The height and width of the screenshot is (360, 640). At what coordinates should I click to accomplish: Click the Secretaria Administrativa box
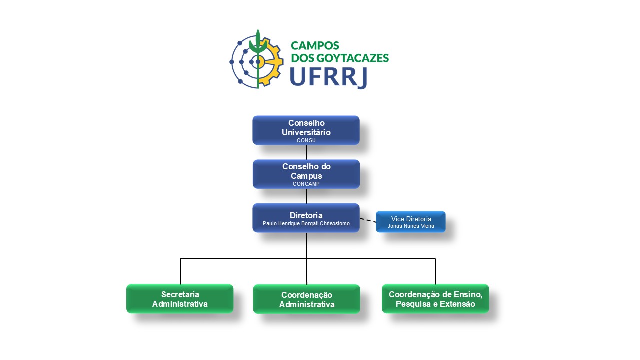[x=180, y=299]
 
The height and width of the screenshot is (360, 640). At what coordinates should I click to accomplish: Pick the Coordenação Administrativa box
[x=306, y=299]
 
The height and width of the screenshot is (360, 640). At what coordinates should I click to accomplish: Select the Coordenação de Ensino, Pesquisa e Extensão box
[x=435, y=299]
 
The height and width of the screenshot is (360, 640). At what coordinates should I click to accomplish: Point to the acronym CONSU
[x=306, y=141]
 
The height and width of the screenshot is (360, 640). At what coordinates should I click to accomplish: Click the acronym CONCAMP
[x=306, y=184]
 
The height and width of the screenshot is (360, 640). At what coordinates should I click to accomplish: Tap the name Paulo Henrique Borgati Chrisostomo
[x=306, y=223]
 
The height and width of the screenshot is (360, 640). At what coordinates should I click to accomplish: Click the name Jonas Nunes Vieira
[x=411, y=226]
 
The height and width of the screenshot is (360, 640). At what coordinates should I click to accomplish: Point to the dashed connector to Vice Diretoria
[x=368, y=220]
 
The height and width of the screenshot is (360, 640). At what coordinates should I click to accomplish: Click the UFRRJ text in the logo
[x=328, y=76]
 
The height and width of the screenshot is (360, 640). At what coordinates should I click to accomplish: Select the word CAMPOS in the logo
[x=315, y=46]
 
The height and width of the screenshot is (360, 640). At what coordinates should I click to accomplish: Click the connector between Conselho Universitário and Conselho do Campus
[x=306, y=152]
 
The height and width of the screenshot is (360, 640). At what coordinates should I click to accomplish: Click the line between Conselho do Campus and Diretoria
[x=306, y=196]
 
